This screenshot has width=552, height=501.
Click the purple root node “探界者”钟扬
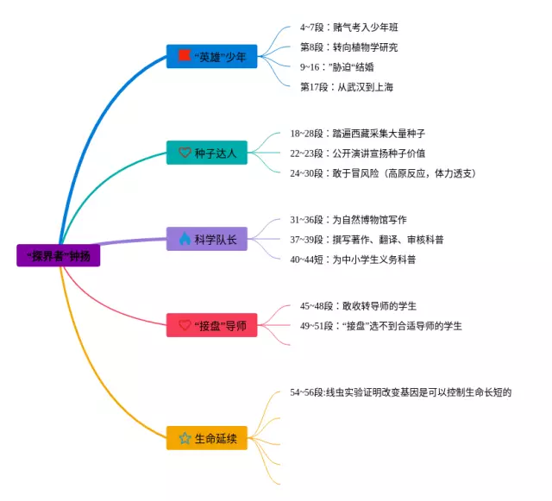(x=58, y=256)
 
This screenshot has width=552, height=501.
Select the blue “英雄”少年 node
(x=211, y=57)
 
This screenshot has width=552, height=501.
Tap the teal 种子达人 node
(x=211, y=153)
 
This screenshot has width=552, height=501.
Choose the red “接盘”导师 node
(x=211, y=326)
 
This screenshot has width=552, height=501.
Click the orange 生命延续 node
(x=211, y=439)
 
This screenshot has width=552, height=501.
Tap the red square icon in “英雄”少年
(x=184, y=56)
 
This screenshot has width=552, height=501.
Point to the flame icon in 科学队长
(x=185, y=239)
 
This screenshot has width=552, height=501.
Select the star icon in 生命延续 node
(x=185, y=439)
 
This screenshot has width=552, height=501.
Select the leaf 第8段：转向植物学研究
(x=348, y=47)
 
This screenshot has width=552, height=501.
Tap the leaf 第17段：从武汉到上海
(x=346, y=87)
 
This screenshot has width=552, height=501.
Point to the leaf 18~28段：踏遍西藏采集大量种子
(x=357, y=134)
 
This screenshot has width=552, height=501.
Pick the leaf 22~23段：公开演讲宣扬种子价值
(x=357, y=153)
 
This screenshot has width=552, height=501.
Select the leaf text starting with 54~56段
(x=401, y=392)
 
